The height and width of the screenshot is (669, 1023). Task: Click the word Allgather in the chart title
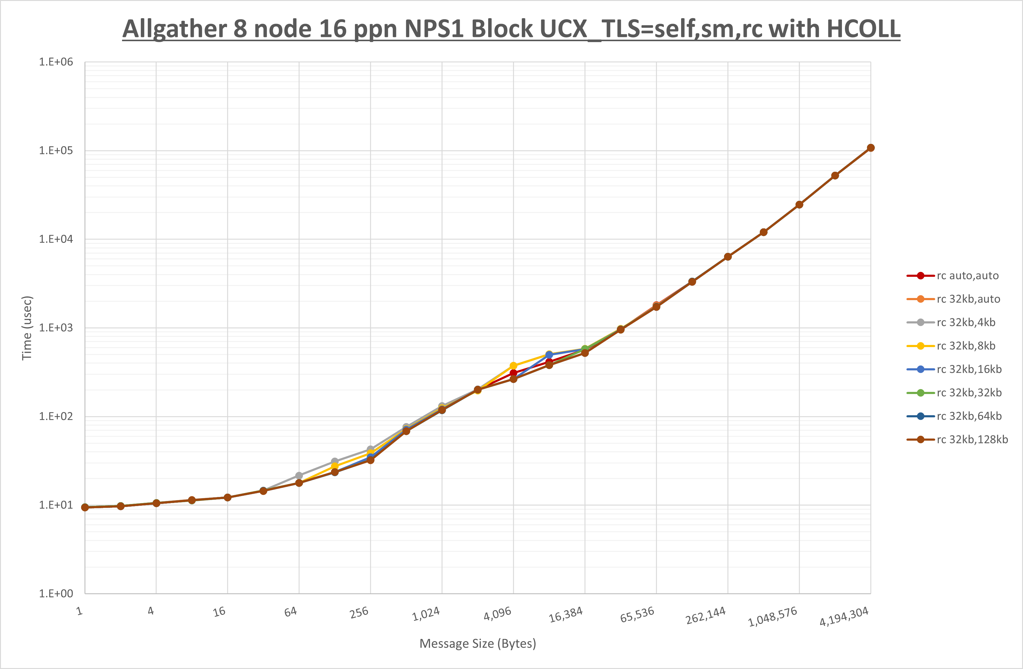pos(174,29)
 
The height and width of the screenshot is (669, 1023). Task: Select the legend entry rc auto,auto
pos(967,276)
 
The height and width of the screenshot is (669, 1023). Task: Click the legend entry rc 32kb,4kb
pos(965,323)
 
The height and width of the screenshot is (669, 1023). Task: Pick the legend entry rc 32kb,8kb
pos(965,346)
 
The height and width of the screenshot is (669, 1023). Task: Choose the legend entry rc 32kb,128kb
pos(972,439)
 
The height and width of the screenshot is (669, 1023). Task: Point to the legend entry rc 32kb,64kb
pos(969,416)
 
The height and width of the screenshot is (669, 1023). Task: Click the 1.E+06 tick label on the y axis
pos(56,62)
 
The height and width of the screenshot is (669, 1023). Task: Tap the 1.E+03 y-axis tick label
pos(56,328)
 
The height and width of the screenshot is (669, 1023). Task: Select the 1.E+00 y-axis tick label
pos(56,594)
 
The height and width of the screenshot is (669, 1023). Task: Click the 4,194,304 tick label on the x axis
pos(844,617)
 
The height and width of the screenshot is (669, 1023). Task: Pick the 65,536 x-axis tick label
pos(637,615)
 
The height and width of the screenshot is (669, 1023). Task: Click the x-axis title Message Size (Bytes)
pos(478,644)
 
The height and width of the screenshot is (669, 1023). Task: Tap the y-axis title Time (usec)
pos(27,328)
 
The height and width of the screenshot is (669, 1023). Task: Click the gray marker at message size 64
pos(299,475)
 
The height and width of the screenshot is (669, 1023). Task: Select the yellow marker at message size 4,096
pos(513,366)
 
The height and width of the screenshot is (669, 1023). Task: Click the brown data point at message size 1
pos(85,507)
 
